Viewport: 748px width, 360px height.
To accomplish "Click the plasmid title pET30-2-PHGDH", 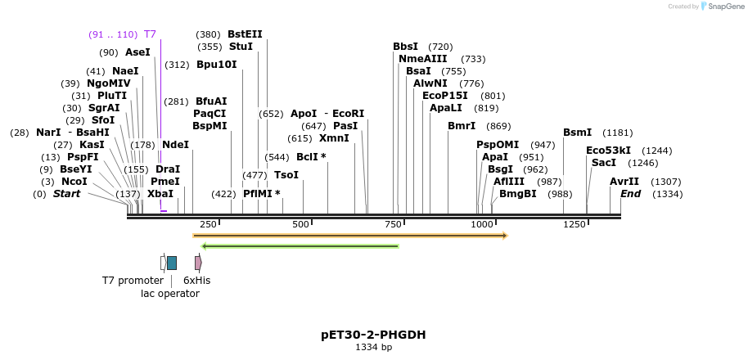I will point(373,335).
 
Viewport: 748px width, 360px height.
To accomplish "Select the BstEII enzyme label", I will point(245,34).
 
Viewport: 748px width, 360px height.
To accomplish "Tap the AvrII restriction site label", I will point(624,182).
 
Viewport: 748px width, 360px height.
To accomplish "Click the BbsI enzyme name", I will point(405,47).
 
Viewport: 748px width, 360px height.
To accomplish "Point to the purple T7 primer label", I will point(150,34).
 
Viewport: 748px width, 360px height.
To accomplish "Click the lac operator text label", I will point(170,293).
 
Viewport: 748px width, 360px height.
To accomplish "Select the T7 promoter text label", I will point(133,281).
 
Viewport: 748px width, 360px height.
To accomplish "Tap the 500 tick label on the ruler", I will point(301,224).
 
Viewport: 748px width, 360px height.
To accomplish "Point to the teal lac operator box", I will point(172,263).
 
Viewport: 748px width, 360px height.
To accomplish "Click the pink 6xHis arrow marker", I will point(198,263).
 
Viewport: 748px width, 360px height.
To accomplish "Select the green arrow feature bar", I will point(300,245).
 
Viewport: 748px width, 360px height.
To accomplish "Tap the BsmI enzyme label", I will point(577,133).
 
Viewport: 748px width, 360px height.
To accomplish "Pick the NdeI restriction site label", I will point(176,145).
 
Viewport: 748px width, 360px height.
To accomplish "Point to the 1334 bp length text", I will point(373,347).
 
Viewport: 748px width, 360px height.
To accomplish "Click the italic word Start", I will point(67,194).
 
